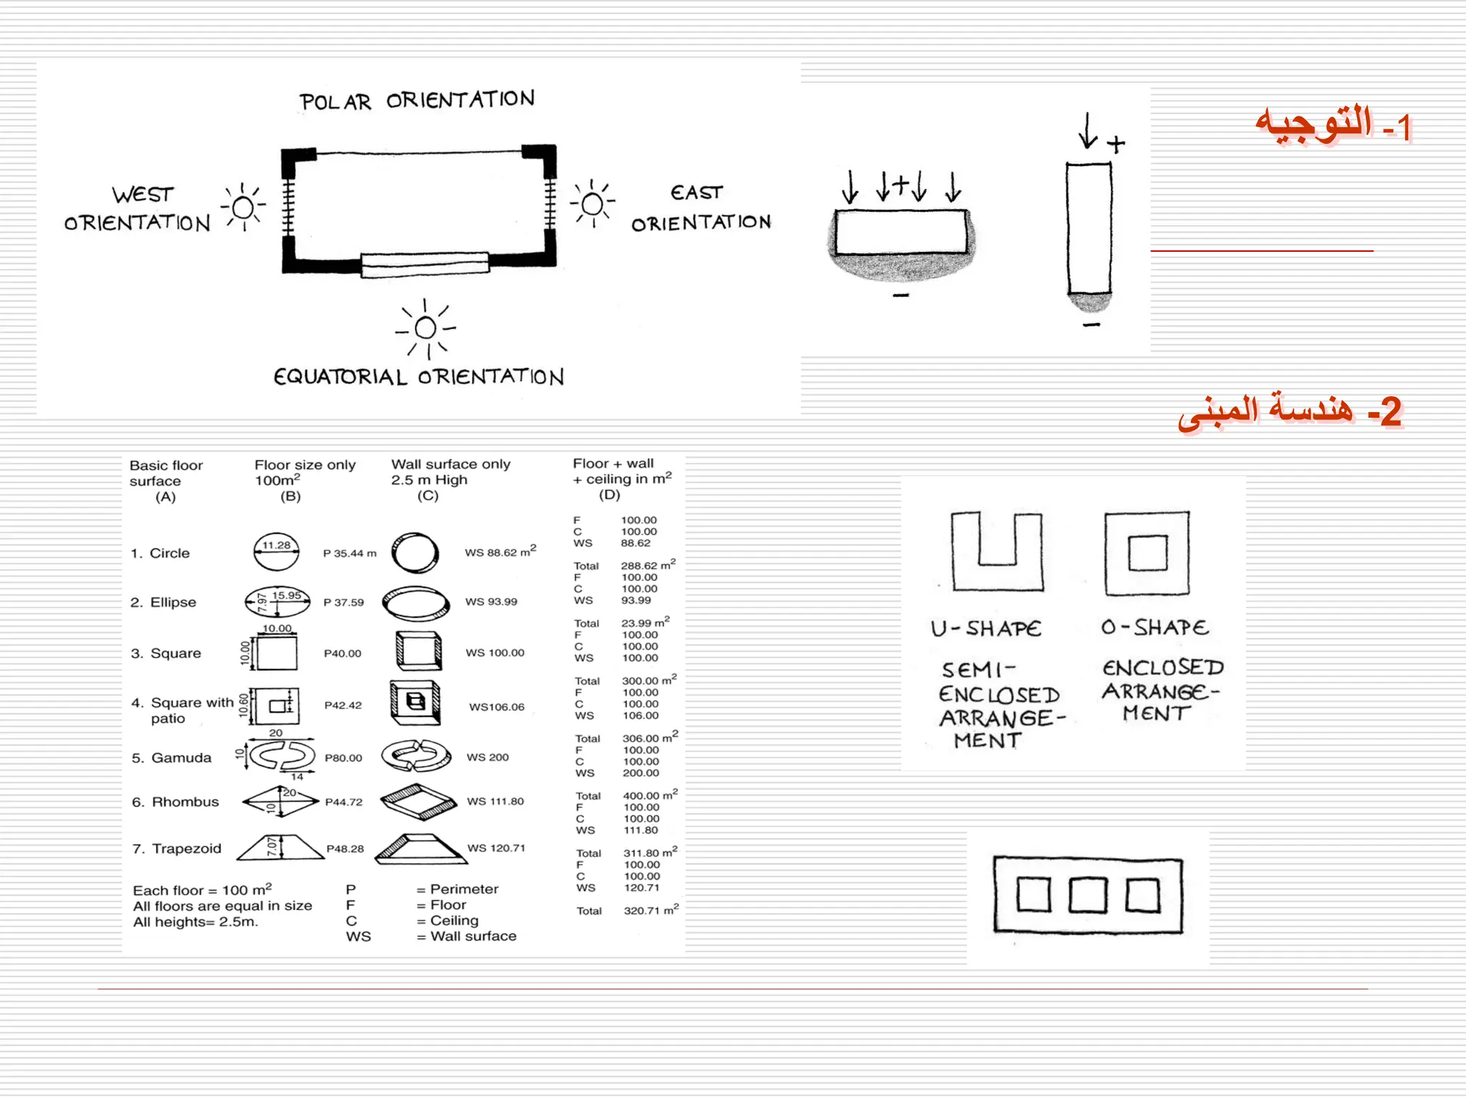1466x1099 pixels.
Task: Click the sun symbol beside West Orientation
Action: (243, 207)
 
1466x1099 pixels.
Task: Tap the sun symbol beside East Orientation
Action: (593, 205)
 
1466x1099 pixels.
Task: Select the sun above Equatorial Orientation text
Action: (425, 328)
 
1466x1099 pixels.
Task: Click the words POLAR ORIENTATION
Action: (417, 101)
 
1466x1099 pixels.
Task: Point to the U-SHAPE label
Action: (986, 629)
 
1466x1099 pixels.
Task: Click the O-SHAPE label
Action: (1155, 627)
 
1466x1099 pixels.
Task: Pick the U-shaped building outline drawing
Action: (996, 551)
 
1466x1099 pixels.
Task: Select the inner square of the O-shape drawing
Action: (1147, 553)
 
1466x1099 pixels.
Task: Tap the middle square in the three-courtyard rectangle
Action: (1088, 895)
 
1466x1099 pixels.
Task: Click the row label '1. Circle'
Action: (160, 553)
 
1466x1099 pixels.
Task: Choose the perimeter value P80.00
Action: (344, 758)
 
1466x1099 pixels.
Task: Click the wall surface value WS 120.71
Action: (496, 848)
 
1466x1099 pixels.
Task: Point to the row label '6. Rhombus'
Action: (175, 802)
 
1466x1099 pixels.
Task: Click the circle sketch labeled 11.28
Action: (276, 552)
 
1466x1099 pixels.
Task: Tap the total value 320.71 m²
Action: (650, 910)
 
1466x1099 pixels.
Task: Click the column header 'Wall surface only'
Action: (450, 464)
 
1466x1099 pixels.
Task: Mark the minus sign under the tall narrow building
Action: (1091, 326)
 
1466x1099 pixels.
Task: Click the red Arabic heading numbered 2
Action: (1289, 411)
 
